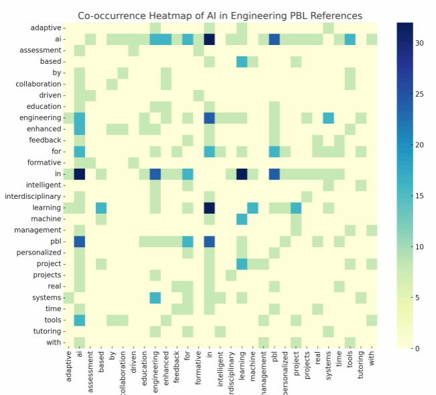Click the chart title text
pyautogui.click(x=220, y=15)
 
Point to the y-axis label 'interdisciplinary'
pyautogui.click(x=32, y=196)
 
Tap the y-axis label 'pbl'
pyautogui.click(x=54, y=240)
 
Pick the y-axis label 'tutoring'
pyautogui.click(x=45, y=331)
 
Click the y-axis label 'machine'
pyautogui.click(x=46, y=218)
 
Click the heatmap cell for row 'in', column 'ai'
pyautogui.click(x=79, y=174)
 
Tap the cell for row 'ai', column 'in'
pyautogui.click(x=209, y=39)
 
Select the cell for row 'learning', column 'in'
pyautogui.click(x=209, y=208)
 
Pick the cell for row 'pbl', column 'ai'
pyautogui.click(x=79, y=241)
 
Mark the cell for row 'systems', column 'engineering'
pyautogui.click(x=155, y=297)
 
